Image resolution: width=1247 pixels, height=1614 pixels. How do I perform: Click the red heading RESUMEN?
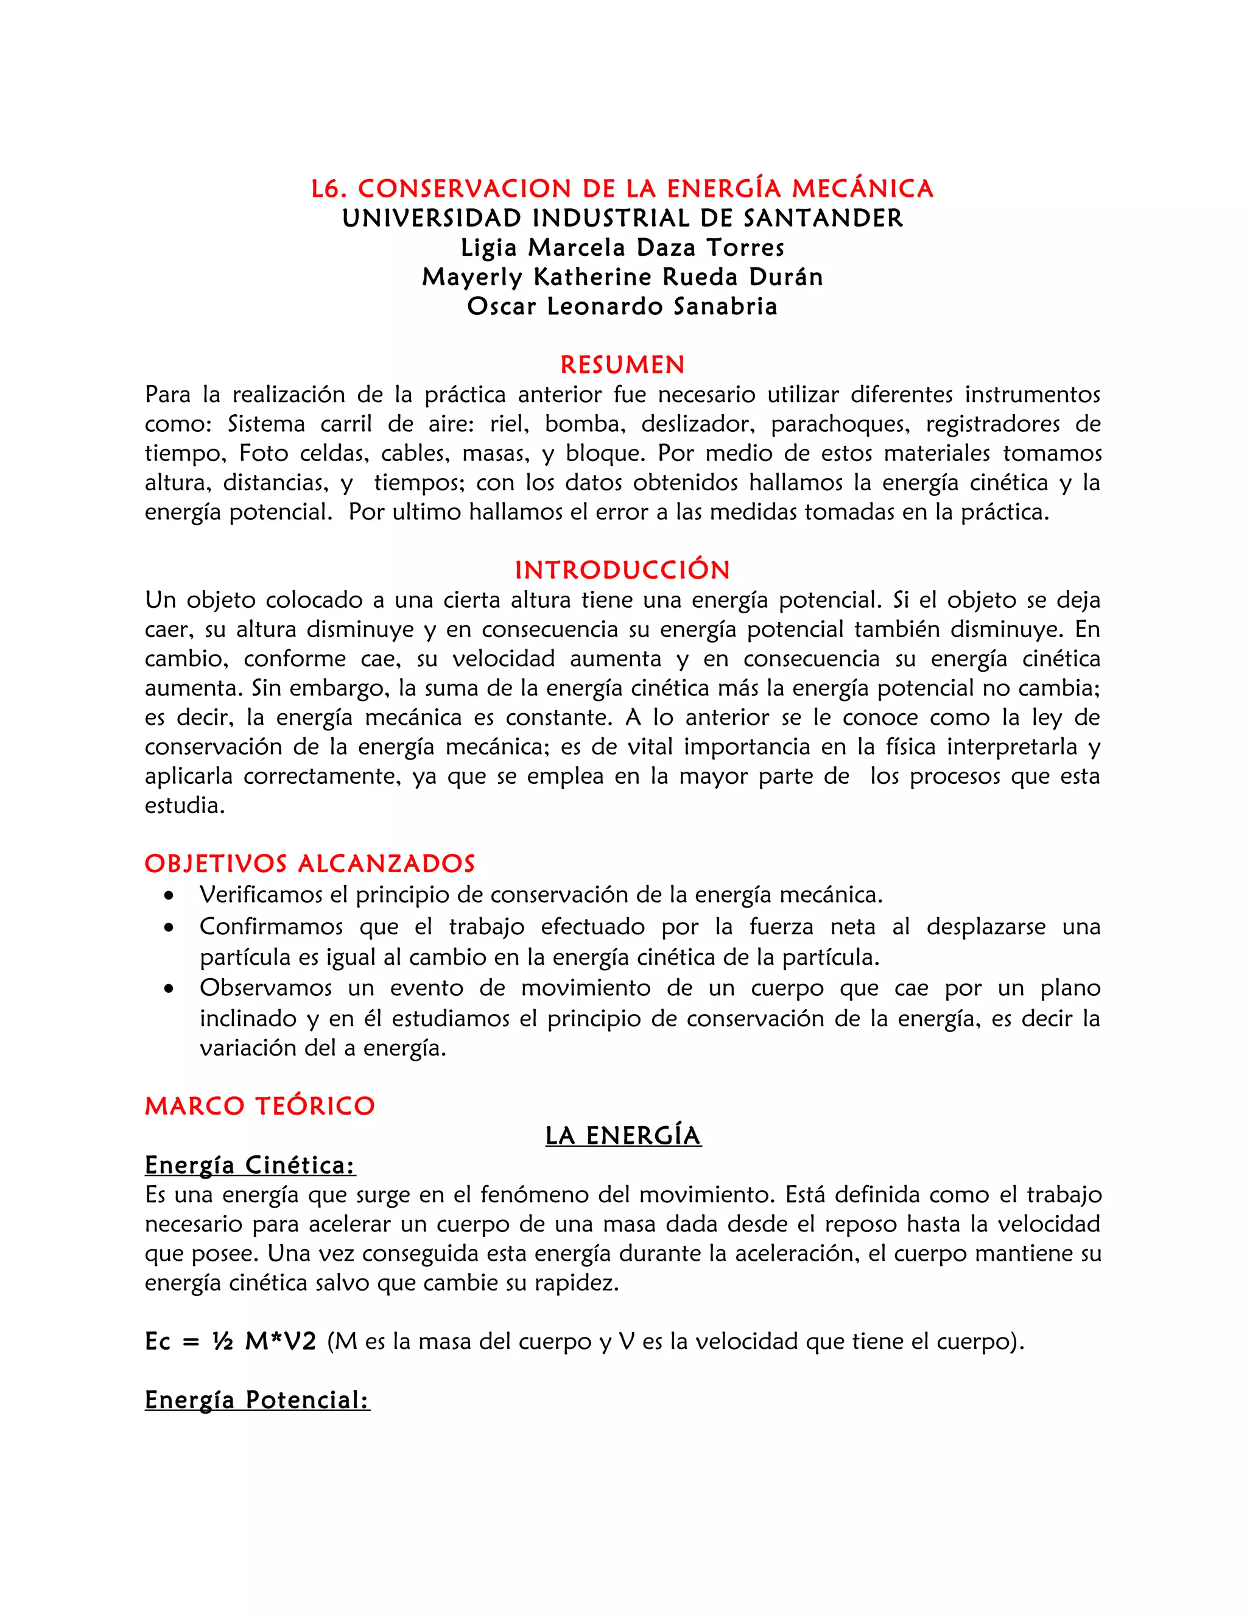pos(622,365)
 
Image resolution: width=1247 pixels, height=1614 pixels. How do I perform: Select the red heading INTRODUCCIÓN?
pos(622,571)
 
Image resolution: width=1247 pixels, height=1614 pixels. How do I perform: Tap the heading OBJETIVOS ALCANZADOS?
pos(309,864)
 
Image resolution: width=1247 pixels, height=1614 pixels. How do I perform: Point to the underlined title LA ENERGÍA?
pos(623,1136)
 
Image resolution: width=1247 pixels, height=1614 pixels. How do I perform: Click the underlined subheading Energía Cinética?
pos(250,1165)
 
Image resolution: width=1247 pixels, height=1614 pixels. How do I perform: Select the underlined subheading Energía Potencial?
pos(257,1400)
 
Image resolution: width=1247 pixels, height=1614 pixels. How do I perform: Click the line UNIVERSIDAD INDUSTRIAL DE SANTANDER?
pos(622,218)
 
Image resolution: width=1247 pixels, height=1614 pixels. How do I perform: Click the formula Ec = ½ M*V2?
pos(231,1342)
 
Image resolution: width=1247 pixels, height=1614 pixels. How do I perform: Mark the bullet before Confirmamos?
pos(170,928)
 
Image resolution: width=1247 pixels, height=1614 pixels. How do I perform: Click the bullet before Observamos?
pos(170,988)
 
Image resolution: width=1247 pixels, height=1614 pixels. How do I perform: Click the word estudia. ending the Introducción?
pos(184,806)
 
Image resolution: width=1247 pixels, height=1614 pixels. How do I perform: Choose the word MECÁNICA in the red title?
pos(862,189)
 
